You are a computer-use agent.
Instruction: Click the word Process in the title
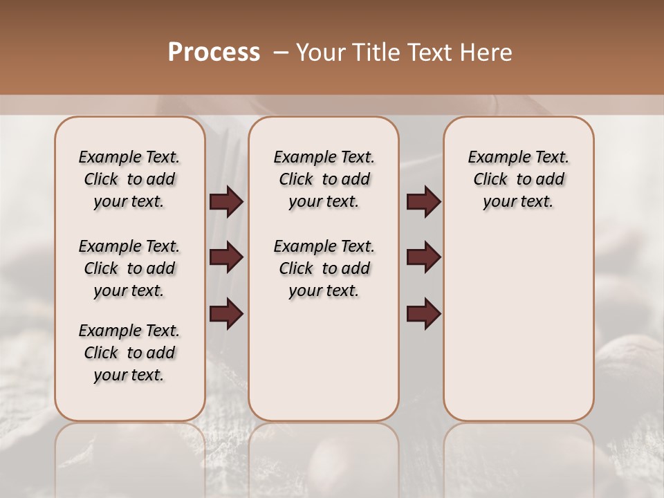[214, 53]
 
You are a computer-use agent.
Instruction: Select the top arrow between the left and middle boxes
[226, 202]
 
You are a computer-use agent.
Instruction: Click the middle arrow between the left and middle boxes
[226, 258]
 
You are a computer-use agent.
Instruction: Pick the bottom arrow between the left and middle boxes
[226, 313]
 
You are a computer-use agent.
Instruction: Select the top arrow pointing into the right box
[423, 202]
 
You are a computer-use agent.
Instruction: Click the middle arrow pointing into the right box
[423, 258]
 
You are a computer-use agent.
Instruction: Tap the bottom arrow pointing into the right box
[423, 313]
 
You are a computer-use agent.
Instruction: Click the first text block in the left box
[129, 179]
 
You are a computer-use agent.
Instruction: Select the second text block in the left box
[129, 268]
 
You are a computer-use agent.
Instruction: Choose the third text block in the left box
[129, 353]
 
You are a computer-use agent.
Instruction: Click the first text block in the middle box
[324, 179]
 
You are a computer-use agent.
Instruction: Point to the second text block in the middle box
[324, 268]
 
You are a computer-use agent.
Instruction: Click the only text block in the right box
[518, 179]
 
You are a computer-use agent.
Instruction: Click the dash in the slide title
[281, 53]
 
